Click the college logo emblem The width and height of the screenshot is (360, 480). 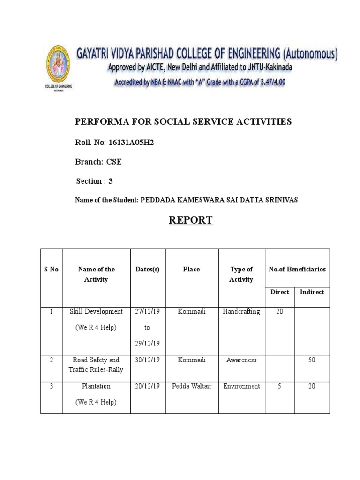(x=59, y=67)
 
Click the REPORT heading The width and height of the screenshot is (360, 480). (x=191, y=220)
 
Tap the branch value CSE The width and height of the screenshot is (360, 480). (x=114, y=162)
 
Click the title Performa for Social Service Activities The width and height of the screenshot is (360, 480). (x=183, y=122)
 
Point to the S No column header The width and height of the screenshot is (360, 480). (x=51, y=269)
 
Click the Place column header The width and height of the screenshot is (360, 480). (x=191, y=269)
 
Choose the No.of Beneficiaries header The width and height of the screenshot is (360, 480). (x=297, y=269)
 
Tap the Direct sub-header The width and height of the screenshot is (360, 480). (x=279, y=292)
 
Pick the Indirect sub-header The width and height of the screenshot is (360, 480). (x=312, y=292)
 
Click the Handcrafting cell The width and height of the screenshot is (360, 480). (x=241, y=312)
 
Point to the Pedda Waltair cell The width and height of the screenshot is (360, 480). (x=191, y=386)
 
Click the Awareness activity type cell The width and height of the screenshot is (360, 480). (x=241, y=360)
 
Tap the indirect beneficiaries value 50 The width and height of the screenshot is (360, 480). (x=312, y=360)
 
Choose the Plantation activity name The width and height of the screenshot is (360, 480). (x=96, y=386)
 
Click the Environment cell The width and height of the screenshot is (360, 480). (x=241, y=386)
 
